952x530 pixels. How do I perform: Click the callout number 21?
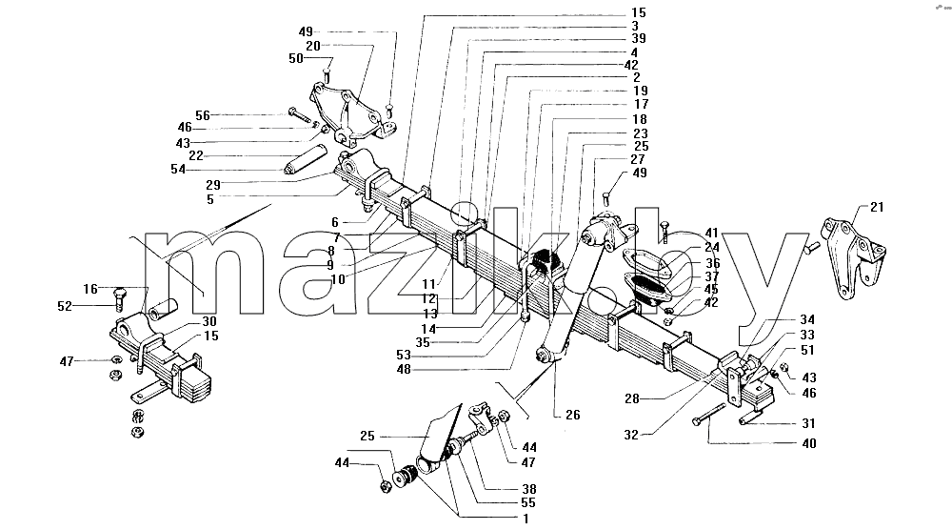[877, 207]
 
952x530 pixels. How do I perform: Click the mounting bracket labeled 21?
[852, 255]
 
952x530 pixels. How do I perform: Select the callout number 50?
[296, 58]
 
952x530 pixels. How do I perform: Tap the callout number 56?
[203, 115]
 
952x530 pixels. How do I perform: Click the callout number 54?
[178, 169]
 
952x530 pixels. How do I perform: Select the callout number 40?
[808, 443]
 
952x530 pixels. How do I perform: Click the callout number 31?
[808, 423]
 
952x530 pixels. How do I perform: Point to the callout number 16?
[90, 290]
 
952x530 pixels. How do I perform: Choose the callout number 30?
[208, 321]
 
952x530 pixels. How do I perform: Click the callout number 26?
[572, 415]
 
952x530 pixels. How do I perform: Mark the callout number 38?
[528, 489]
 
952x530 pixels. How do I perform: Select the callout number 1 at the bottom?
[526, 520]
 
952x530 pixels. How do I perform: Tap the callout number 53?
[403, 356]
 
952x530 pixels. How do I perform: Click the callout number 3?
[634, 26]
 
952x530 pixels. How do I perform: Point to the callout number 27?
[638, 159]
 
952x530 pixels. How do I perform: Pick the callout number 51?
[807, 350]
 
